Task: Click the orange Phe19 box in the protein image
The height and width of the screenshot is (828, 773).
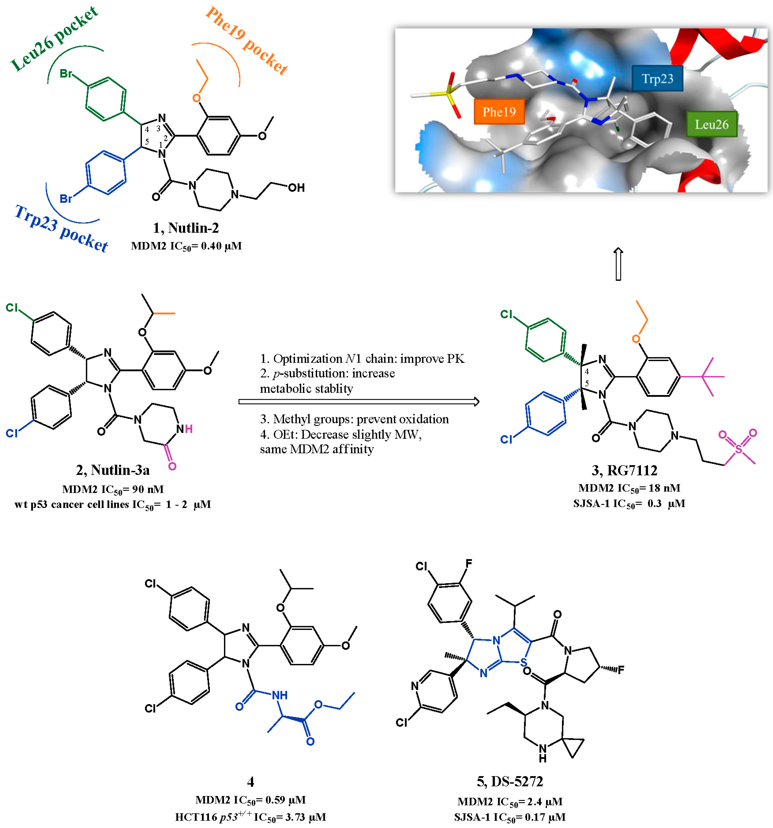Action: [499, 112]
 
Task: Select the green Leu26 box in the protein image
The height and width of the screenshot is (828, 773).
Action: [711, 124]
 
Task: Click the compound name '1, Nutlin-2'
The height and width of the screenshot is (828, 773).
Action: [186, 228]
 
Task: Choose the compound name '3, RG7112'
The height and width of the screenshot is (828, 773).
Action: [624, 470]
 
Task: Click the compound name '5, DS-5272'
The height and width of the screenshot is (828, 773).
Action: [510, 781]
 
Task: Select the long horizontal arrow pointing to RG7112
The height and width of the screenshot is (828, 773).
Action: [359, 402]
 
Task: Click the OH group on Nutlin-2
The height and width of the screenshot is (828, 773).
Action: [296, 188]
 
